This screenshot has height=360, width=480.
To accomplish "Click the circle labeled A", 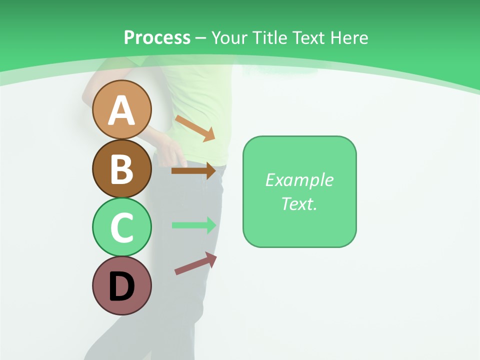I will (121, 109).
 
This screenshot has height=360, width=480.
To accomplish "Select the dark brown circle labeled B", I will (121, 168).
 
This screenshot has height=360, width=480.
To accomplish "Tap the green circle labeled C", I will (121, 227).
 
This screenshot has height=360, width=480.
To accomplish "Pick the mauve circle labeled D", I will (121, 285).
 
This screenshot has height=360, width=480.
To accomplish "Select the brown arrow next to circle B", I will (193, 171).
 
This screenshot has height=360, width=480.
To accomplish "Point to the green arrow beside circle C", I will (194, 225).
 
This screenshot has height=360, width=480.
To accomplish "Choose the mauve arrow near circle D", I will (195, 263).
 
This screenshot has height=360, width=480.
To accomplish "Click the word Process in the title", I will (157, 38).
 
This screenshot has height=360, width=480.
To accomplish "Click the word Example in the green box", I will (299, 180).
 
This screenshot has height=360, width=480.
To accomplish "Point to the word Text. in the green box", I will (299, 203).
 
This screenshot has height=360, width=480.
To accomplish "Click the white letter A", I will (121, 110).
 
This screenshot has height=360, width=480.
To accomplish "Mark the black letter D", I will (121, 286).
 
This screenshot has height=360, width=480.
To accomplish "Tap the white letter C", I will (121, 228).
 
